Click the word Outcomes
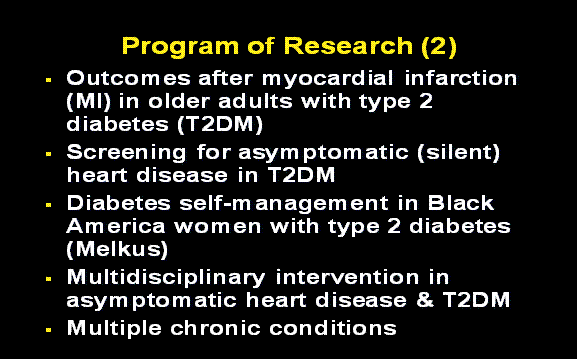tap(119, 78)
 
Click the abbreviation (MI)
tap(88, 102)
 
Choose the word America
tap(112, 226)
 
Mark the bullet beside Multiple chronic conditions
tap(48, 329)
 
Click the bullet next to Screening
tap(48, 154)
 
